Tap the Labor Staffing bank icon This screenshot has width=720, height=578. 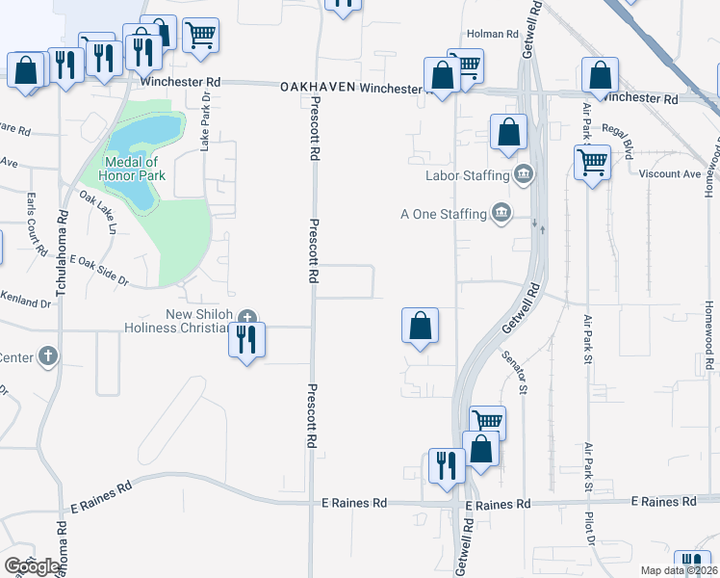pyautogui.click(x=524, y=174)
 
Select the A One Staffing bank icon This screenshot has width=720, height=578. pyautogui.click(x=501, y=213)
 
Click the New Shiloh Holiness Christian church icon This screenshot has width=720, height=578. pyautogui.click(x=247, y=318)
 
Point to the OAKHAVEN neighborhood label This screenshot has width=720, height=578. pyautogui.click(x=318, y=88)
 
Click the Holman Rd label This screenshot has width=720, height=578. pyautogui.click(x=492, y=34)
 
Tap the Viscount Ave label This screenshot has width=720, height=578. pyautogui.click(x=670, y=174)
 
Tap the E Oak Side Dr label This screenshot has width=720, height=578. pyautogui.click(x=100, y=269)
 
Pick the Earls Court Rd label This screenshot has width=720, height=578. pyautogui.click(x=37, y=224)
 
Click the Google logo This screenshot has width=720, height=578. pyautogui.click(x=32, y=565)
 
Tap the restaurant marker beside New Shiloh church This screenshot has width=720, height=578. pyautogui.click(x=247, y=340)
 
